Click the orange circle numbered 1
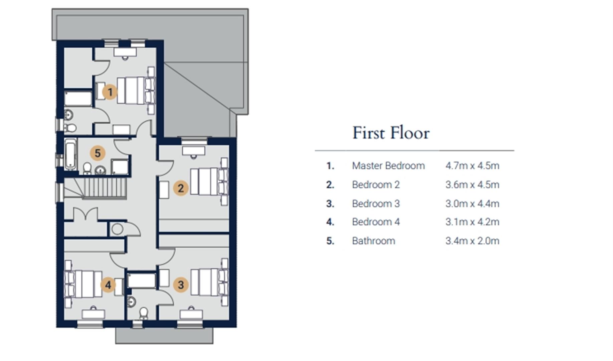coord(110,92)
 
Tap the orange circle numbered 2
coord(181,188)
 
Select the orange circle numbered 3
coord(181,285)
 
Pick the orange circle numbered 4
coord(108,285)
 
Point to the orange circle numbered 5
coord(97,153)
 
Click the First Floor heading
coord(391,133)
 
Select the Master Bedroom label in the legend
coord(388,165)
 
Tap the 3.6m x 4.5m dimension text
coord(472,185)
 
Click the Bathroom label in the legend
coord(373,241)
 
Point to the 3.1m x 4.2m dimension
coord(472,222)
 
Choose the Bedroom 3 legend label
coord(376,204)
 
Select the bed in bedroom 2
coord(209,182)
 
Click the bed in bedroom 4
coord(83,284)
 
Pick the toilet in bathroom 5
coord(87,168)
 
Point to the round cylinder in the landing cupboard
coord(117,229)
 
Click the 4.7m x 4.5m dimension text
coord(472,165)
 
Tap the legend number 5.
coord(330,241)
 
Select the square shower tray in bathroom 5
coord(120,167)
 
